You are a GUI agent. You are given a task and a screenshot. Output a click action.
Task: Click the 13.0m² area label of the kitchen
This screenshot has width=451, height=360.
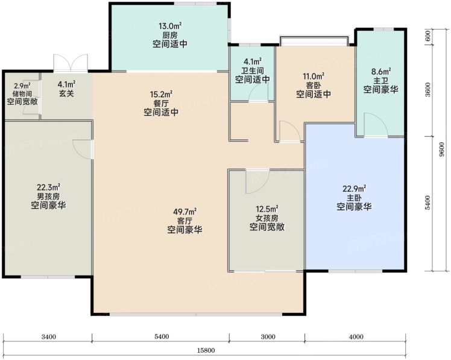tap(170, 26)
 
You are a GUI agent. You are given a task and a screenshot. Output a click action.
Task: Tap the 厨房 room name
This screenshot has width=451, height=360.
tap(170, 35)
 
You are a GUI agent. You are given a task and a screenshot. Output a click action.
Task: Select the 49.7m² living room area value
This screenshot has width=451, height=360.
tap(184, 212)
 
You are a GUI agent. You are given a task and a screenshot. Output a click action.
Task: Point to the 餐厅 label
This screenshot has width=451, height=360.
tap(161, 103)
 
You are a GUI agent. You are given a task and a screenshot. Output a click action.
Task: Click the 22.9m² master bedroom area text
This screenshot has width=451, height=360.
tap(354, 189)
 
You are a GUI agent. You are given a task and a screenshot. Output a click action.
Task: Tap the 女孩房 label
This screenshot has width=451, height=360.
tap(266, 218)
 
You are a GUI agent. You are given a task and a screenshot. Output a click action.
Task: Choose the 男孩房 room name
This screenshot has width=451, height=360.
tap(48, 197)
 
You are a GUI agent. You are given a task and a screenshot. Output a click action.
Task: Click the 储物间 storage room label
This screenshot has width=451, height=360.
tap(22, 94)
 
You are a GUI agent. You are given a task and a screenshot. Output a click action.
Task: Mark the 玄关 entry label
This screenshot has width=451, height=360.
tap(66, 93)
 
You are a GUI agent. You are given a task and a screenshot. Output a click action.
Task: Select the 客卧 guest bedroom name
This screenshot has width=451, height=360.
tap(313, 85)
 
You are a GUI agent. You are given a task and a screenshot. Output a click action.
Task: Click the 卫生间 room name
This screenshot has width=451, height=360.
tap(253, 70)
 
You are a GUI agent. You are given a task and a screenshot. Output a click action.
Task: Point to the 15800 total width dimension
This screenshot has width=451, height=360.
tap(206, 350)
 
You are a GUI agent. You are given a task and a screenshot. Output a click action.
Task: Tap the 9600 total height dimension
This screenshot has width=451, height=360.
tap(442, 150)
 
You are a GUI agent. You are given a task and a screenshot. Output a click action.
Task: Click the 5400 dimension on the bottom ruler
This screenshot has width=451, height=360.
tap(162, 336)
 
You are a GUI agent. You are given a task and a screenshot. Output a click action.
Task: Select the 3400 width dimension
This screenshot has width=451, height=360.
tap(49, 336)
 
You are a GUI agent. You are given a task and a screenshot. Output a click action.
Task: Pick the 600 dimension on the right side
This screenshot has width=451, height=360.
tap(427, 36)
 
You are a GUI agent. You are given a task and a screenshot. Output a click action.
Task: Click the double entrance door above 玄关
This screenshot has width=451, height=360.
tap(71, 63)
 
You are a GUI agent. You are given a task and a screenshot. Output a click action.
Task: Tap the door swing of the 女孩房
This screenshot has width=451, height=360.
tap(257, 182)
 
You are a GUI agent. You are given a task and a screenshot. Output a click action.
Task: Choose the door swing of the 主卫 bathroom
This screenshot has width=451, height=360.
tap(376, 124)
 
